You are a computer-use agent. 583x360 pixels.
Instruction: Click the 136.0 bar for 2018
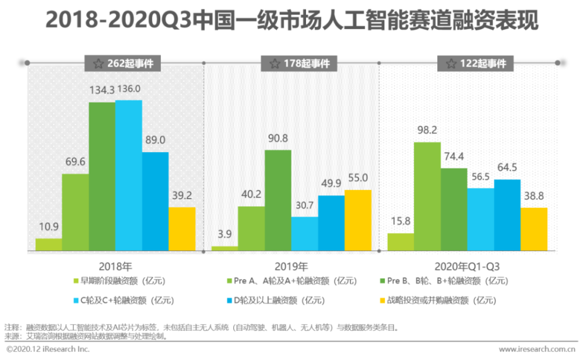[128, 175]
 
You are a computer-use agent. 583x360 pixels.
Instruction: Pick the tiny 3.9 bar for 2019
[224, 249]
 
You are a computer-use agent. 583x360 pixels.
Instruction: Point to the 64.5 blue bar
[507, 215]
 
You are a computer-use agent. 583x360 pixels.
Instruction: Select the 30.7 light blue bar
[304, 234]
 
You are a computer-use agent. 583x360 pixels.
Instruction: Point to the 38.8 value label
[533, 196]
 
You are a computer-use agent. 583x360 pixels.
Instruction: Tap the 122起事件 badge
[475, 63]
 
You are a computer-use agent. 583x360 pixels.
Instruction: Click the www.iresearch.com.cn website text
[537, 349]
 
